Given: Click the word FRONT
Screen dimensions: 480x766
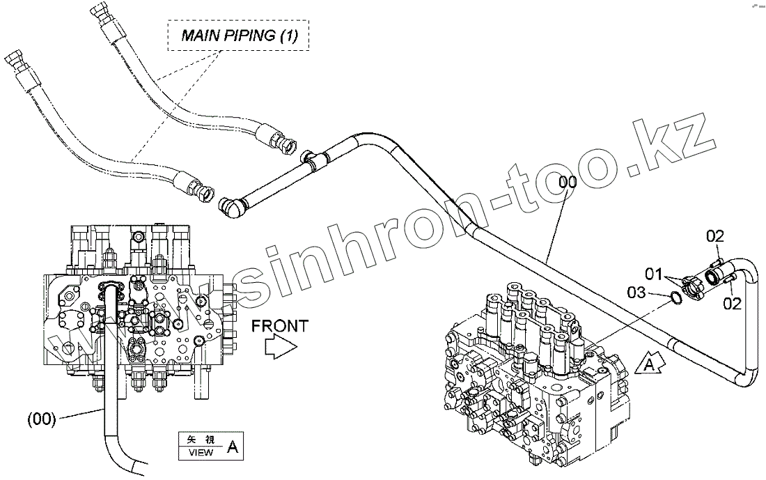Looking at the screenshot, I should (x=279, y=325).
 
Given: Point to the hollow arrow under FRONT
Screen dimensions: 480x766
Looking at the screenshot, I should (x=281, y=346).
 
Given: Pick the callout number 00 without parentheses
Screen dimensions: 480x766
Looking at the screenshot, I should (x=568, y=183).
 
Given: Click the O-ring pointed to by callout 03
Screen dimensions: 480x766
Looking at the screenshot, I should (x=675, y=298).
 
